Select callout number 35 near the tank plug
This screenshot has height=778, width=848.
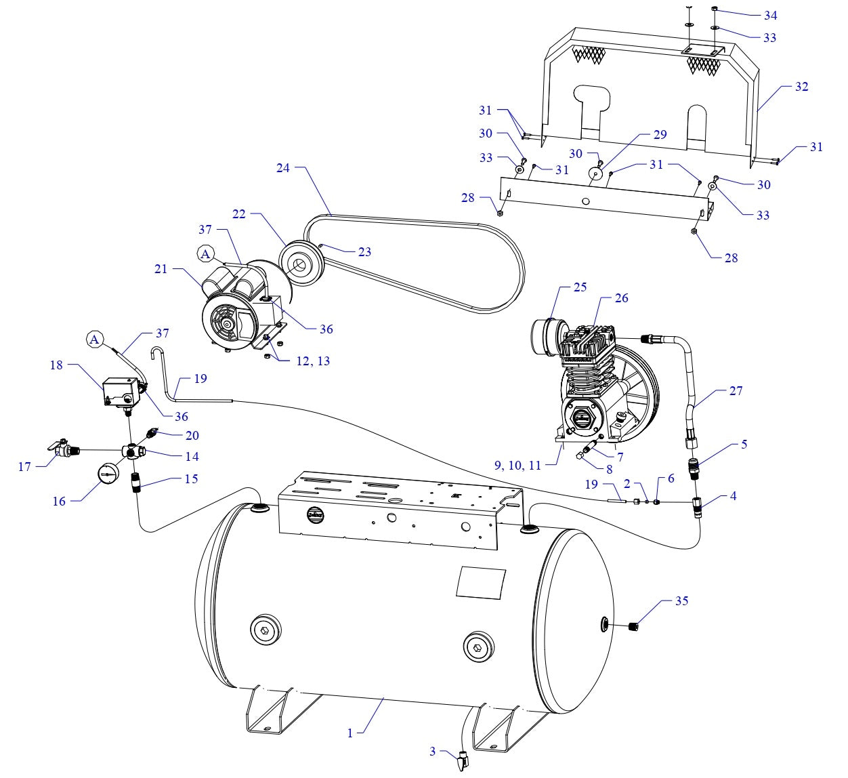[x=681, y=601]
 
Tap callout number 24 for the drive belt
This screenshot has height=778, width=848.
[x=283, y=167]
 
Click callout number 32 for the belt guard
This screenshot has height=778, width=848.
[x=801, y=87]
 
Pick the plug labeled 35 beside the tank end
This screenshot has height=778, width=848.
[x=635, y=626]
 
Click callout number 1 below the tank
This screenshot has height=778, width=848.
[x=350, y=733]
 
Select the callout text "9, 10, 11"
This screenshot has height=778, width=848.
[x=517, y=465]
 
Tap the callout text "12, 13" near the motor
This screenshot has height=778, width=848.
[x=313, y=361]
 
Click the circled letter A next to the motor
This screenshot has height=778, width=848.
[x=205, y=254]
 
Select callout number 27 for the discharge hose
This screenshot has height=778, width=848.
[x=736, y=390]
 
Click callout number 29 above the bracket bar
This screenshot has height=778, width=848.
[x=660, y=134]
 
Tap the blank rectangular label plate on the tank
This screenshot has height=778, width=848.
[x=481, y=582]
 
